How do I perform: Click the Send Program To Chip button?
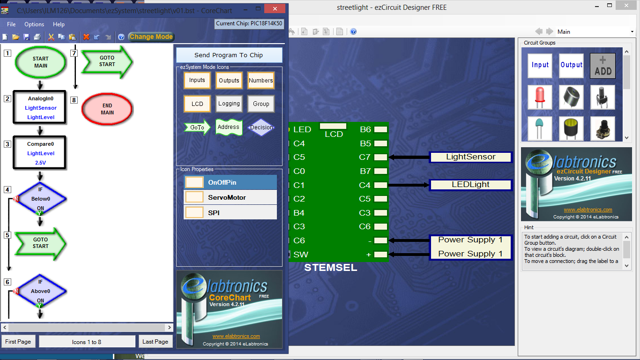(229, 55)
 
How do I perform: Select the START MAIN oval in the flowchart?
(41, 62)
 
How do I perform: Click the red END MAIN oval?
(107, 109)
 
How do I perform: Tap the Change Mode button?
(151, 37)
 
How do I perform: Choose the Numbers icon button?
(260, 80)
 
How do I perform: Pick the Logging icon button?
(229, 104)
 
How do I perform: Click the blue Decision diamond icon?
(261, 127)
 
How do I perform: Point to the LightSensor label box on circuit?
(470, 157)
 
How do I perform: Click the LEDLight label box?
(470, 185)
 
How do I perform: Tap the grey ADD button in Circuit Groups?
(603, 66)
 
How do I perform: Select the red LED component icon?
(540, 97)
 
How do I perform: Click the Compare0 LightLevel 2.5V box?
(40, 153)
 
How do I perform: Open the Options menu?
(34, 24)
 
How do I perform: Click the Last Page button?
(156, 342)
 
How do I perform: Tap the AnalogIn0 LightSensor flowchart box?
(40, 107)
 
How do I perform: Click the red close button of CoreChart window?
(275, 8)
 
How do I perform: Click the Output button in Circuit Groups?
(571, 66)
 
